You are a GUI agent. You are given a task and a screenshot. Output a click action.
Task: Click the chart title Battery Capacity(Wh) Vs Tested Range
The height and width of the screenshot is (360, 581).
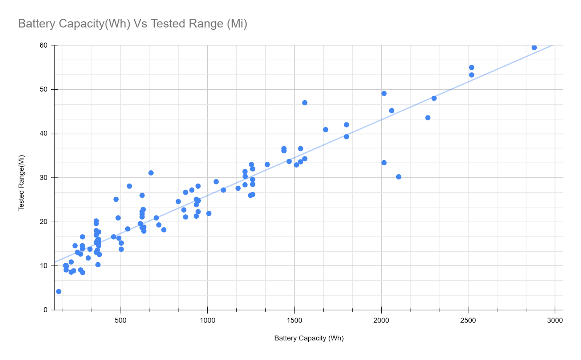pyautogui.click(x=133, y=24)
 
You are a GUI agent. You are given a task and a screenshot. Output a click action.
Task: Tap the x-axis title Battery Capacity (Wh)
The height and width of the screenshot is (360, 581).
pyautogui.click(x=309, y=338)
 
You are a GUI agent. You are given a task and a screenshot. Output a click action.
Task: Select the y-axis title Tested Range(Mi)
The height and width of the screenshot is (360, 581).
pyautogui.click(x=21, y=183)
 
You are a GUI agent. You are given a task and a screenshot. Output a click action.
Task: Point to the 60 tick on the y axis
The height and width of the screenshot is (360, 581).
pyautogui.click(x=44, y=45)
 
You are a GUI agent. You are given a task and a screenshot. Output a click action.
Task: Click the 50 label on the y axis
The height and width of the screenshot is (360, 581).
pyautogui.click(x=44, y=89)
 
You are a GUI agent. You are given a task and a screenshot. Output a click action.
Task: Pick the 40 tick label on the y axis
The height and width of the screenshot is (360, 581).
pyautogui.click(x=44, y=134)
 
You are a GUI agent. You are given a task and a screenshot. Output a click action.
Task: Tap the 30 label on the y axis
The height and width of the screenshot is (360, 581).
pyautogui.click(x=44, y=178)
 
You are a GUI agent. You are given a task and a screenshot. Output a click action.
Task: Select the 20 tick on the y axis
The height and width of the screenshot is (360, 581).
pyautogui.click(x=44, y=222)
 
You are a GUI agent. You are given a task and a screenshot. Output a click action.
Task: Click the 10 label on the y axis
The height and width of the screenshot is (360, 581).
pyautogui.click(x=44, y=266)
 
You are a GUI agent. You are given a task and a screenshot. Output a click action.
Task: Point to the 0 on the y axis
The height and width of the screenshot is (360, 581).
pyautogui.click(x=45, y=310)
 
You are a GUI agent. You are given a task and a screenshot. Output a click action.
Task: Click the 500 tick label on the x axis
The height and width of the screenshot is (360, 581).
pyautogui.click(x=121, y=320)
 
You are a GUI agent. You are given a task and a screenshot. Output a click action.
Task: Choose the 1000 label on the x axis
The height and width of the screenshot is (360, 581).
pyautogui.click(x=207, y=320)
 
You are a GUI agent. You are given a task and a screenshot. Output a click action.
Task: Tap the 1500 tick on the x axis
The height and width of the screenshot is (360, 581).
pyautogui.click(x=294, y=320)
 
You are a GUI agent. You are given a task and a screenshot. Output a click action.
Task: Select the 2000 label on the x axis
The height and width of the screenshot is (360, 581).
pyautogui.click(x=381, y=320)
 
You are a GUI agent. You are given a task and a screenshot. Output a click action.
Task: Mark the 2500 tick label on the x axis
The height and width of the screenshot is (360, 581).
pyautogui.click(x=468, y=320)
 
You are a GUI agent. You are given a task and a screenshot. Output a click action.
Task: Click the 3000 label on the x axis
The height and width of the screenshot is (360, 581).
pyautogui.click(x=555, y=320)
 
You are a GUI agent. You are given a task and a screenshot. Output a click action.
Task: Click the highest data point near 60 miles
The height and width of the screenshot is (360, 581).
pyautogui.click(x=534, y=48)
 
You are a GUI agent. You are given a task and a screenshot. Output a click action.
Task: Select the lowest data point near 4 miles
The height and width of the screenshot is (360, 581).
pyautogui.click(x=59, y=291)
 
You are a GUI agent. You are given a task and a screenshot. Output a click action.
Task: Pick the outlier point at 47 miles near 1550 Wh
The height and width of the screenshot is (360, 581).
pyautogui.click(x=305, y=103)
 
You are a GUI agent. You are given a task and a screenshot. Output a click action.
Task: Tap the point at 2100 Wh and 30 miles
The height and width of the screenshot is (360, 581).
pyautogui.click(x=399, y=177)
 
